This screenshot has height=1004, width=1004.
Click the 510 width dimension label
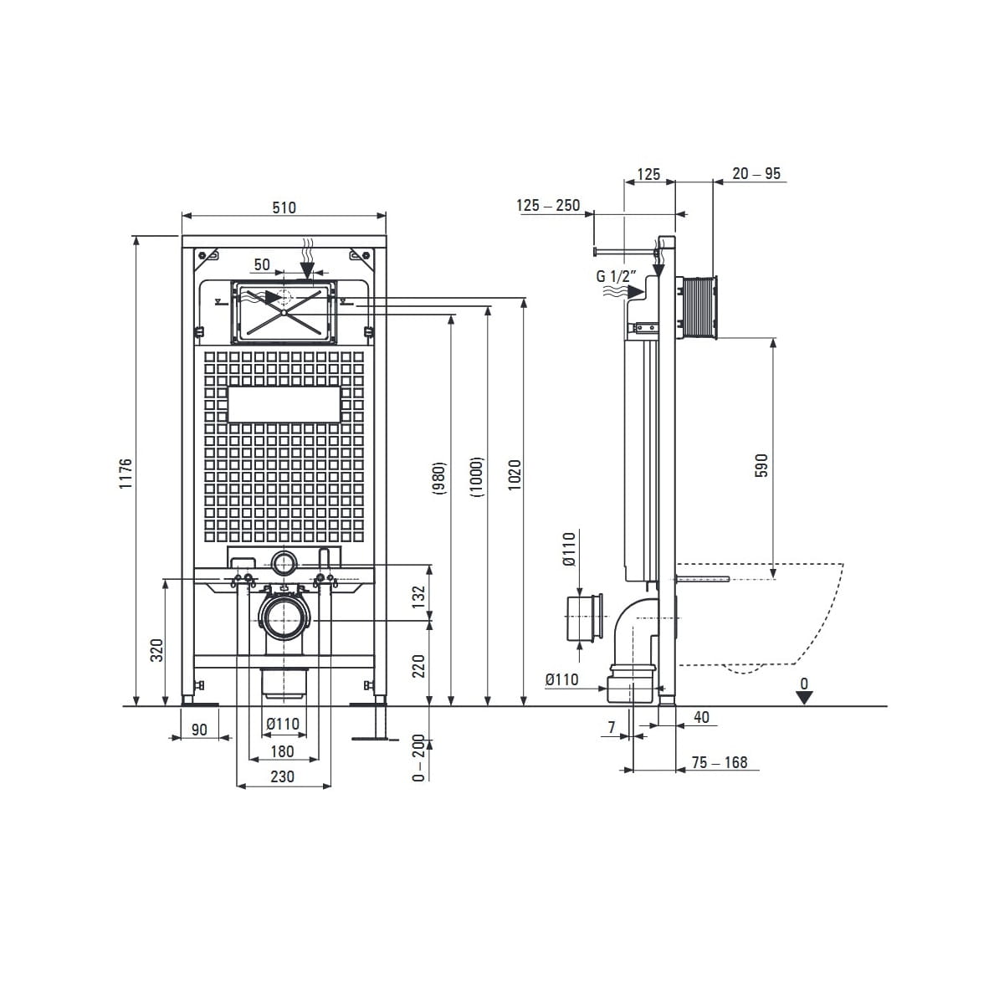tap(284, 207)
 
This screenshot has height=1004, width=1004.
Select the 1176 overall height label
tap(125, 473)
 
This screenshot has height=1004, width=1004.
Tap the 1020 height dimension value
tap(515, 474)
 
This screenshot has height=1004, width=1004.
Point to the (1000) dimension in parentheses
tap(476, 476)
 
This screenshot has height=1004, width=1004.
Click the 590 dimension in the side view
tap(761, 465)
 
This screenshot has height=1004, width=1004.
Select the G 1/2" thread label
tap(617, 275)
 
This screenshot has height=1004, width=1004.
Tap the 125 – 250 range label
tap(548, 205)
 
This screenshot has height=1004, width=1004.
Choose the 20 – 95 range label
tap(756, 173)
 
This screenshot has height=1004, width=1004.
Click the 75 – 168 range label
tap(720, 762)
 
